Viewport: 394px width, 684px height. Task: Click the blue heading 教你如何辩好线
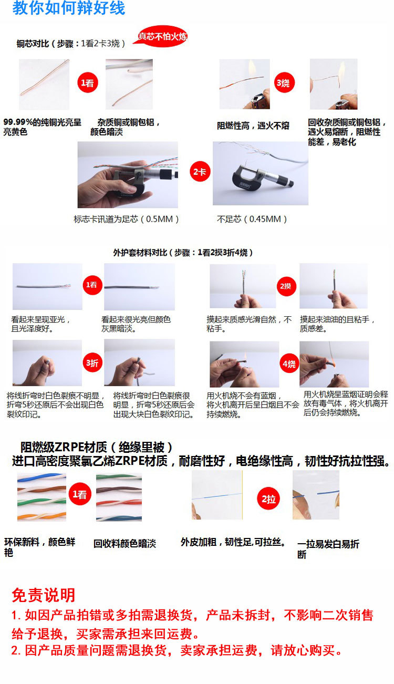(69, 8)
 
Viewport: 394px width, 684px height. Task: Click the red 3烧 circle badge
(284, 83)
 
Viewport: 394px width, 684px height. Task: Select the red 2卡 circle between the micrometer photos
(200, 172)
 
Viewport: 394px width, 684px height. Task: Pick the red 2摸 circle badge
(286, 286)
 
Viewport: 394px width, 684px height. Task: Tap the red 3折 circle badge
(92, 363)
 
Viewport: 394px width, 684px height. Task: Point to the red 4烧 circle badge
(289, 364)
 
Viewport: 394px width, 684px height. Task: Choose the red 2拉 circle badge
(268, 499)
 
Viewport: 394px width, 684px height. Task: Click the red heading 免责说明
(44, 595)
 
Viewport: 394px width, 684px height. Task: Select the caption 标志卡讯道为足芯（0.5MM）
(126, 219)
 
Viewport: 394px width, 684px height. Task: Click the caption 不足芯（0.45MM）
(252, 219)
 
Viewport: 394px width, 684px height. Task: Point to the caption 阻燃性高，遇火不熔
(253, 126)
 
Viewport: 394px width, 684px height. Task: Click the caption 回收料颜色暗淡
(125, 544)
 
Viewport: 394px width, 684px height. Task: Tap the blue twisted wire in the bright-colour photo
(42, 478)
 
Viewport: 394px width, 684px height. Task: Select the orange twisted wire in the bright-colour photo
(42, 516)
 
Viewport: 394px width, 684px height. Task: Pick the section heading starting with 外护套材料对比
(183, 253)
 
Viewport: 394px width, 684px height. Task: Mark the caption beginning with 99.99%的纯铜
(42, 127)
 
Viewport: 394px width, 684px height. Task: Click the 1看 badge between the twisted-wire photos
(80, 494)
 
